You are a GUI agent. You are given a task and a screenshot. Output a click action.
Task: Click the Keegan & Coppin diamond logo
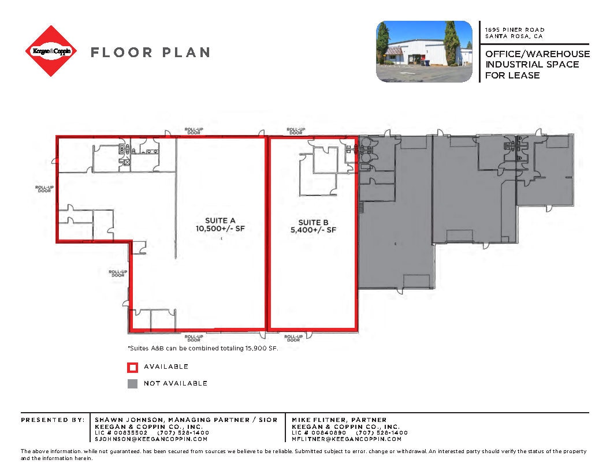pos(52,51)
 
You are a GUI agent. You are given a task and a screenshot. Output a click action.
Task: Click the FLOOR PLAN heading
pos(150,53)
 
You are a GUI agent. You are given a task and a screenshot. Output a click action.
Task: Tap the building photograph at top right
pos(424,51)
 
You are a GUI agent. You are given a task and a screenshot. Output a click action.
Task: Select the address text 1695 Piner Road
pos(515,29)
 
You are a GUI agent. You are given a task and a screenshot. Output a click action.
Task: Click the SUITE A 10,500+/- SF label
pos(220,225)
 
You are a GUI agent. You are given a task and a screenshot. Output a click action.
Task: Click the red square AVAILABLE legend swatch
pos(132,367)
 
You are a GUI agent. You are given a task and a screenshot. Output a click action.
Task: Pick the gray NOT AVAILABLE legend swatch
pos(132,383)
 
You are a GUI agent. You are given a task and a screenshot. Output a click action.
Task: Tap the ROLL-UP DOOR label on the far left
pos(44,189)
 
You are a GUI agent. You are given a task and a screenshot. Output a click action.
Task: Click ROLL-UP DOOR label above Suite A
pos(193,131)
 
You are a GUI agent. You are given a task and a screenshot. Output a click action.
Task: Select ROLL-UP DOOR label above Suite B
pos(296,131)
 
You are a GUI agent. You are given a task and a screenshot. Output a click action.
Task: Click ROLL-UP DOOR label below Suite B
pos(293,338)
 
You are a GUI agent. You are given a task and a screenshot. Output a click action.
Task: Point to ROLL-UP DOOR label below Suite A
pos(194,338)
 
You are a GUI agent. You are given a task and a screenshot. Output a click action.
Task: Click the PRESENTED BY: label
pos(53,420)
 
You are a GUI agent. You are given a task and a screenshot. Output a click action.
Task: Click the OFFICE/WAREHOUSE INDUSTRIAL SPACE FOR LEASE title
pos(537,64)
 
